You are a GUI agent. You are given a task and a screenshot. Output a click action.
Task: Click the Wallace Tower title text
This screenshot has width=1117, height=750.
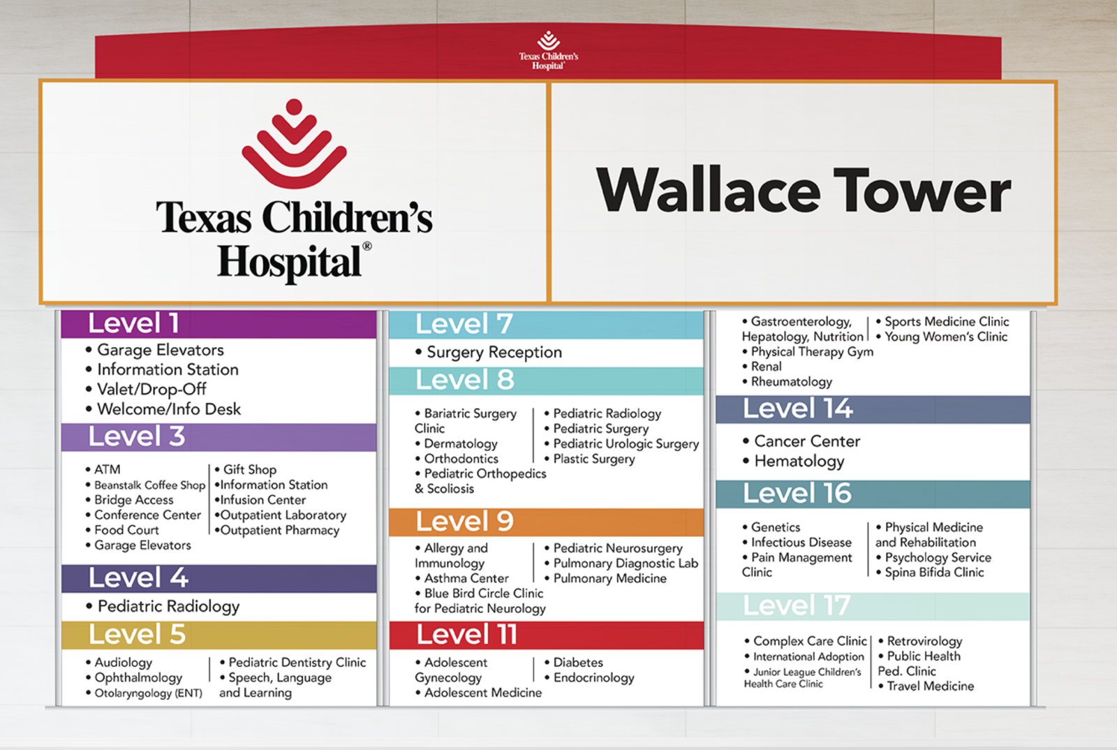(803, 190)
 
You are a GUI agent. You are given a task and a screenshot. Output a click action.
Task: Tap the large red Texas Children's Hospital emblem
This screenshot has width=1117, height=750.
(294, 144)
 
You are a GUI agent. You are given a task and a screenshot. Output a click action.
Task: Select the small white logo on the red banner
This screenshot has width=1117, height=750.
(549, 50)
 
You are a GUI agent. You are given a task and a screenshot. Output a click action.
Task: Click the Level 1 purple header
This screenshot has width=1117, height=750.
(219, 323)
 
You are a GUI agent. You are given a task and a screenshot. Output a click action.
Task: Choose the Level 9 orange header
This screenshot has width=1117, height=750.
(546, 522)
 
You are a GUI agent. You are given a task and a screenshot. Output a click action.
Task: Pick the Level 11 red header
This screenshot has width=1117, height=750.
(546, 635)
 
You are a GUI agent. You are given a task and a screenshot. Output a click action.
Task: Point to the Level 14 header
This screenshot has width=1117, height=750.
(873, 409)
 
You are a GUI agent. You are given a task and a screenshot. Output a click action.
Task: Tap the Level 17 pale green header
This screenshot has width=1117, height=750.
(873, 606)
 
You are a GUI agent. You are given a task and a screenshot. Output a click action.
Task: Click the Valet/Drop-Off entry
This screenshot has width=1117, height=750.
(151, 389)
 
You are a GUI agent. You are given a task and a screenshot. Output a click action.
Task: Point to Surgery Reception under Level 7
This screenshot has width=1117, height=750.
(489, 353)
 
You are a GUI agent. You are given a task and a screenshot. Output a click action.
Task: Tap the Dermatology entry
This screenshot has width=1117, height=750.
(457, 443)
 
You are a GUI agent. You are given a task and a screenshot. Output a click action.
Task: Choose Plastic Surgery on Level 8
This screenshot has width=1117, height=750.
(589, 459)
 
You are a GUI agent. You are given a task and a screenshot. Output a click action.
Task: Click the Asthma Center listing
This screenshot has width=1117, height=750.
(461, 578)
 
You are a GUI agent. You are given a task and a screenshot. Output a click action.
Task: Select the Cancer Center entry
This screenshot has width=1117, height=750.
(802, 441)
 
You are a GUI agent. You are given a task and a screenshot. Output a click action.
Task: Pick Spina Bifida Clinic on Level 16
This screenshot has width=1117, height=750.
(930, 573)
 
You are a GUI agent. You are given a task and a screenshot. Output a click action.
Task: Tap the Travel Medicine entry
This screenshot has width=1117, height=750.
(926, 686)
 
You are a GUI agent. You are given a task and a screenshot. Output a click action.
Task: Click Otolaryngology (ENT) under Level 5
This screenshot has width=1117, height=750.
(144, 693)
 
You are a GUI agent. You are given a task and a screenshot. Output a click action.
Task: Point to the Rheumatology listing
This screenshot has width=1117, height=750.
(787, 382)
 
